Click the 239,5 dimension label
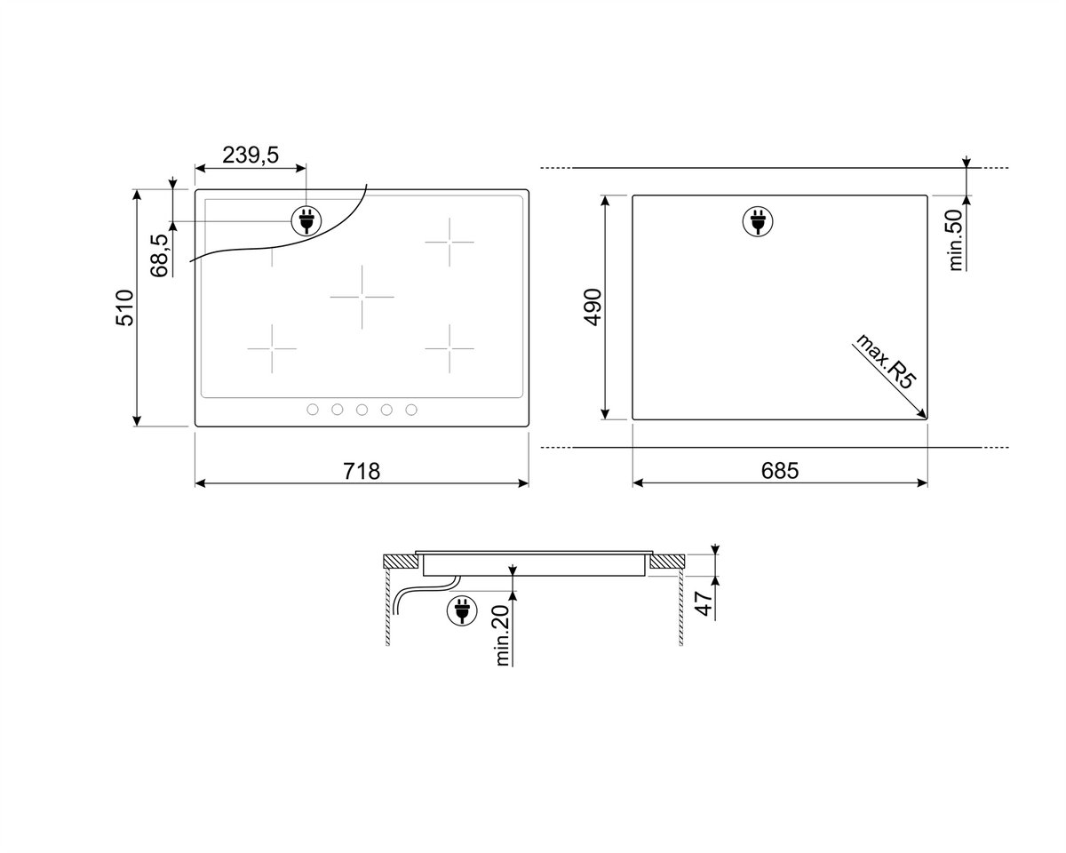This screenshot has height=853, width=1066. (x=251, y=155)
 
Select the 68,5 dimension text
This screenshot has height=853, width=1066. (x=160, y=256)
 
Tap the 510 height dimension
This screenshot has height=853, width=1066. (x=124, y=307)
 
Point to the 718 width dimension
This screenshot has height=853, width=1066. (x=362, y=471)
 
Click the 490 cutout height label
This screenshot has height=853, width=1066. (x=593, y=307)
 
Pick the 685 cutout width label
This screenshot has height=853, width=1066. (x=780, y=470)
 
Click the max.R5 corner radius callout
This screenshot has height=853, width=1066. (x=886, y=361)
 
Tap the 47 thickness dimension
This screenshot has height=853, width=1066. (x=704, y=603)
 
